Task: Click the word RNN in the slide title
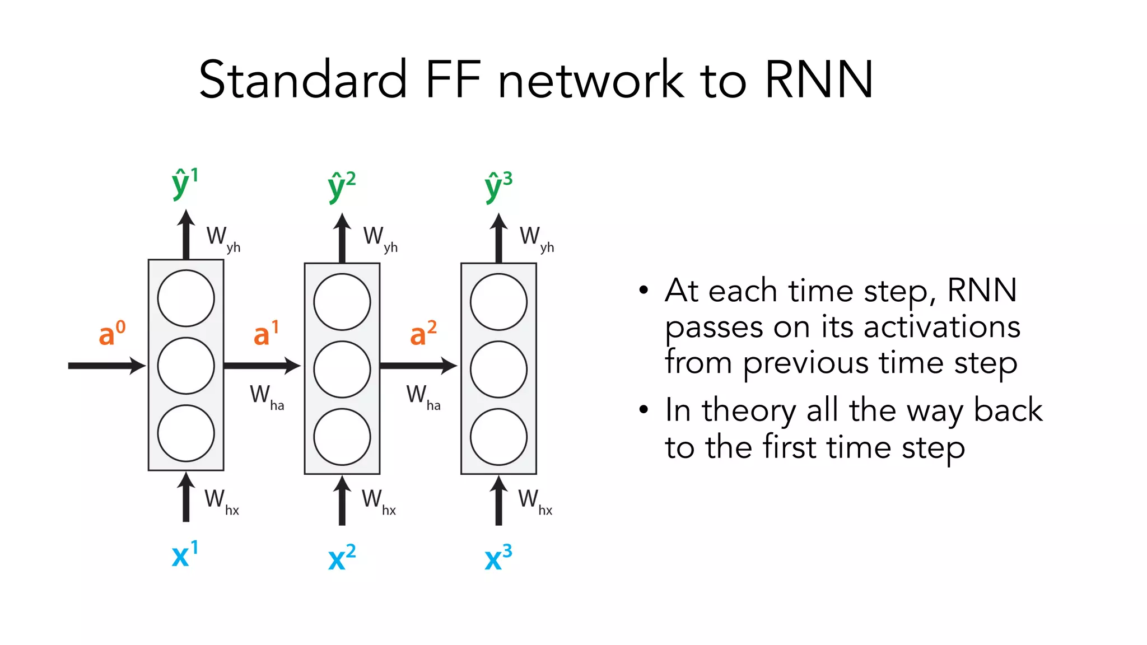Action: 818,80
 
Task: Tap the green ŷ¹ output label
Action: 184,183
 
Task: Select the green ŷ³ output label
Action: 498,186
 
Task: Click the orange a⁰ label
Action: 111,333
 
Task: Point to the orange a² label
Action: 423,333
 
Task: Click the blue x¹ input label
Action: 184,554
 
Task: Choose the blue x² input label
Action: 341,557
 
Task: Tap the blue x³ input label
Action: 498,557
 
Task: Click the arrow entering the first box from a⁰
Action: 106,366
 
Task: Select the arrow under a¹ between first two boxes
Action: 262,366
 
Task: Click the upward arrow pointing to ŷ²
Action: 342,238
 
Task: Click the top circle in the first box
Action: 186,298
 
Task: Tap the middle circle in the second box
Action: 342,369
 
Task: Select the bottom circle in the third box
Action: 498,437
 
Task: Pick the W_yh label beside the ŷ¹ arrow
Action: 223,239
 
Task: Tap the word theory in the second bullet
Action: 748,410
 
